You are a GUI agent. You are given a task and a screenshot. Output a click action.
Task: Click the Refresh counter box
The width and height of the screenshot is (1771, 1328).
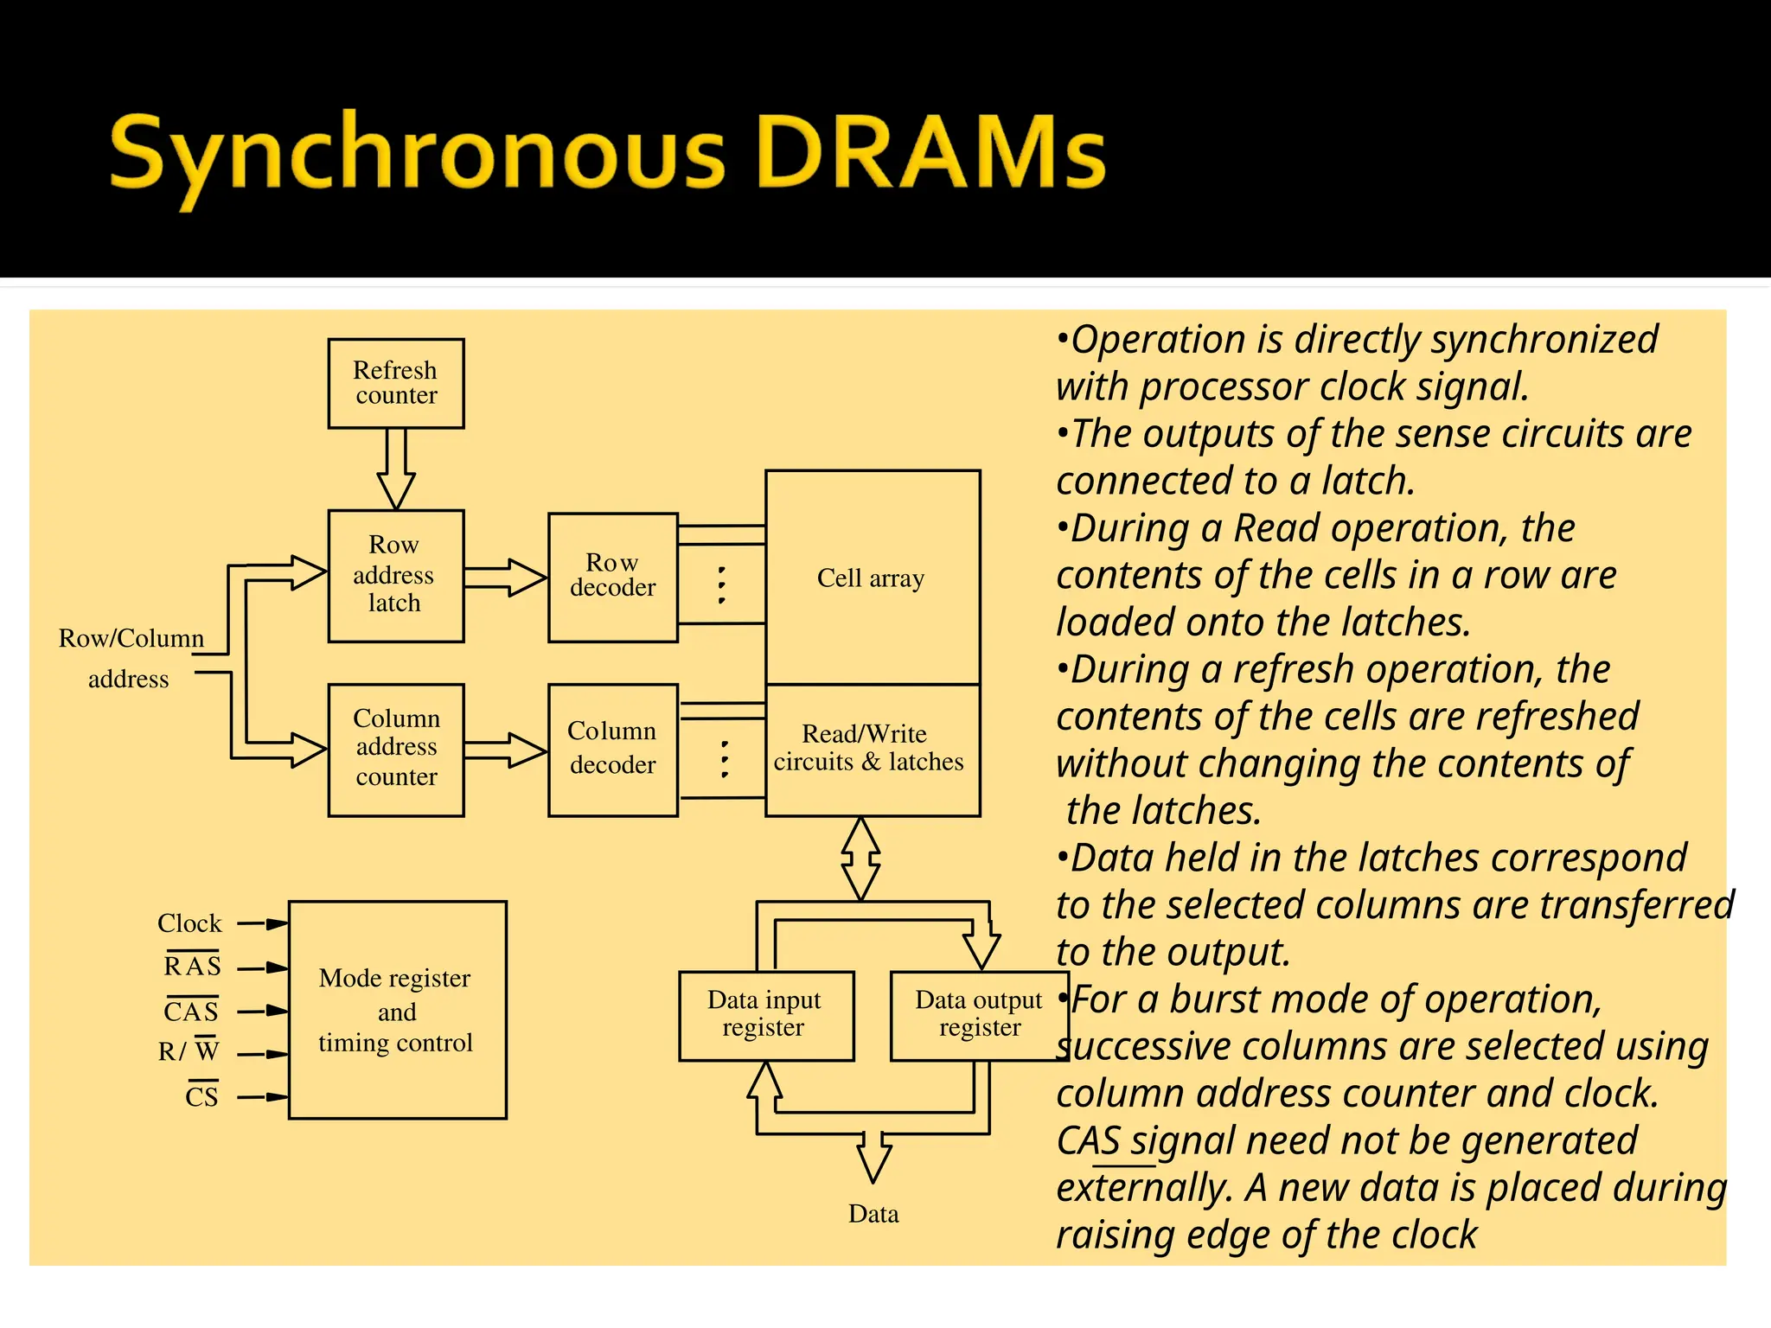coord(396,383)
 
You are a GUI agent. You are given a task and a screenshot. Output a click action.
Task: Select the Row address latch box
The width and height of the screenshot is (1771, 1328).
coord(396,576)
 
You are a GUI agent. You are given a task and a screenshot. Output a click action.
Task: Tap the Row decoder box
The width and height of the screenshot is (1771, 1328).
coord(613,577)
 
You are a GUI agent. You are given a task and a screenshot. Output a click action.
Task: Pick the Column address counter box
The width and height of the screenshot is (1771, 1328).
coord(396,750)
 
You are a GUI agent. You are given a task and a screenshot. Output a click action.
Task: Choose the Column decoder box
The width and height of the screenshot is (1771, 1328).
coord(613,750)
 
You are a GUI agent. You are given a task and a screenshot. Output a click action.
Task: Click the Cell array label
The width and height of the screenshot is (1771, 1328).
coord(871,578)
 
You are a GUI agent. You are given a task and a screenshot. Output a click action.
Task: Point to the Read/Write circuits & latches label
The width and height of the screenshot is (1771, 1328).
coord(868,749)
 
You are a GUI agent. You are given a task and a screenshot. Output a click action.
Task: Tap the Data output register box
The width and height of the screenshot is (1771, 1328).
coord(979,1015)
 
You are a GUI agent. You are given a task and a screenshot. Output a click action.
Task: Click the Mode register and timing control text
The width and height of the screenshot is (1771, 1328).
coord(396,1011)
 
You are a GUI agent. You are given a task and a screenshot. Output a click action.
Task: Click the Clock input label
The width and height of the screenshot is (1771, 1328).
coord(189,923)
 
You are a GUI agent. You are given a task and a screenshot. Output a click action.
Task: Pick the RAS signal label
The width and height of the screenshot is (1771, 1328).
coord(192,966)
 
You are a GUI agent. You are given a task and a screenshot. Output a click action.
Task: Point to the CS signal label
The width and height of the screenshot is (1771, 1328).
coord(201,1097)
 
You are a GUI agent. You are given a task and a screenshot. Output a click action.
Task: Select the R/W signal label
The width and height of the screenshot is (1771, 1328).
coord(189,1051)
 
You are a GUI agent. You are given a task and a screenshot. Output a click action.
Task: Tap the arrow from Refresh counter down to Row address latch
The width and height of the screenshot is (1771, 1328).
coord(396,469)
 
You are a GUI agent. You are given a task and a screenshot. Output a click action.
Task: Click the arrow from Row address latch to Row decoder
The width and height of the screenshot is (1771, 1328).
coord(506,578)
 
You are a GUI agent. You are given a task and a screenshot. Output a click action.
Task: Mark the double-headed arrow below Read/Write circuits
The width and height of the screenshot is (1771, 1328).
coord(861,859)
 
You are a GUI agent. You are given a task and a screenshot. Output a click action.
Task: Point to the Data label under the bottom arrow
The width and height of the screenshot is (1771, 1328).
coord(873,1214)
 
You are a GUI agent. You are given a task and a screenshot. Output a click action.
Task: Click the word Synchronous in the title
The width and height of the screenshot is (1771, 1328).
coord(417,156)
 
